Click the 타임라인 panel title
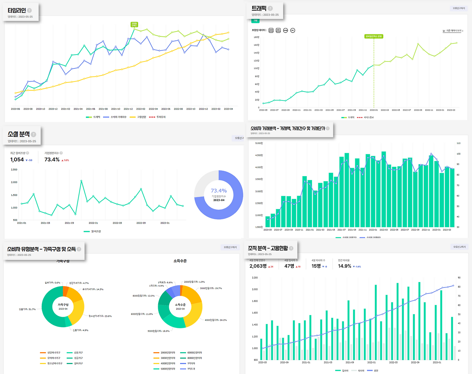pyautogui.click(x=17, y=10)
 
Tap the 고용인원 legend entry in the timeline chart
pyautogui.click(x=141, y=117)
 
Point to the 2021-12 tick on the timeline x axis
pyautogui.click(x=128, y=109)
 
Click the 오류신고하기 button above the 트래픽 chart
pyautogui.click(x=459, y=8)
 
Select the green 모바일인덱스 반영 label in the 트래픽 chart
pyautogui.click(x=374, y=37)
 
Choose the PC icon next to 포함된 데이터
pyautogui.click(x=292, y=30)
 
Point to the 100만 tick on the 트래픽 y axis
pyautogui.click(x=256, y=68)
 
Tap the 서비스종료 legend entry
pyautogui.click(x=368, y=117)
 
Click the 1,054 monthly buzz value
pyautogui.click(x=17, y=159)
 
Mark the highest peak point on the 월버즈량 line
pyautogui.click(x=81, y=181)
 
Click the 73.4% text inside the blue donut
pyautogui.click(x=219, y=191)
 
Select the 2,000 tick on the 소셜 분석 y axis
pyautogui.click(x=14, y=182)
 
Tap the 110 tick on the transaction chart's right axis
pyautogui.click(x=458, y=143)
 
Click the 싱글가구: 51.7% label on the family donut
pyautogui.click(x=27, y=309)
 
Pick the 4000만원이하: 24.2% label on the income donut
pyautogui.click(x=216, y=320)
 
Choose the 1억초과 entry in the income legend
pyautogui.click(x=191, y=369)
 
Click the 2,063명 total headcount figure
pyautogui.click(x=258, y=266)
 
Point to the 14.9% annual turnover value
pyautogui.click(x=344, y=266)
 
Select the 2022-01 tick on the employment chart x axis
pyautogui.click(x=371, y=363)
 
